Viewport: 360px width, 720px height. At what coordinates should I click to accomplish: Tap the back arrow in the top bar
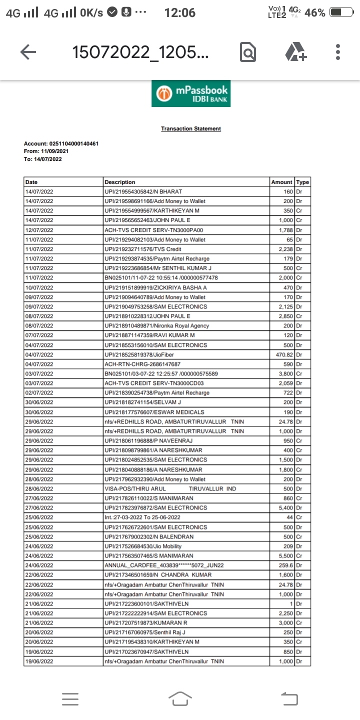(28, 52)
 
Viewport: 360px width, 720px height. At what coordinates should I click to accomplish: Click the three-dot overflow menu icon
(338, 52)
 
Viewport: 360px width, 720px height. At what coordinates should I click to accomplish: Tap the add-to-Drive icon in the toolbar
(295, 52)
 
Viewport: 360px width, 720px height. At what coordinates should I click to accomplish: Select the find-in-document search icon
(248, 52)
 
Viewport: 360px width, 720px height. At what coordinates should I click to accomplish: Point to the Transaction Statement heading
(190, 129)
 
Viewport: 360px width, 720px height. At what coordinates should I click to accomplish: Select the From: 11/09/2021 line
(46, 151)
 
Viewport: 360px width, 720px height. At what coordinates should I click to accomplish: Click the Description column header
(120, 182)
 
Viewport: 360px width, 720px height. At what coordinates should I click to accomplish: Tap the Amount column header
(281, 182)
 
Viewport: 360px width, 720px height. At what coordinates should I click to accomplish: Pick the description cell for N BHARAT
(143, 191)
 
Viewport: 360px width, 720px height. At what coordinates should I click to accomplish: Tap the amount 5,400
(283, 508)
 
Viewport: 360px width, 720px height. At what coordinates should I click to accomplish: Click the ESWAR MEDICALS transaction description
(154, 412)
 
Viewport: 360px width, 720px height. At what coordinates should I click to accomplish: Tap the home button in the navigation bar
(180, 698)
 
